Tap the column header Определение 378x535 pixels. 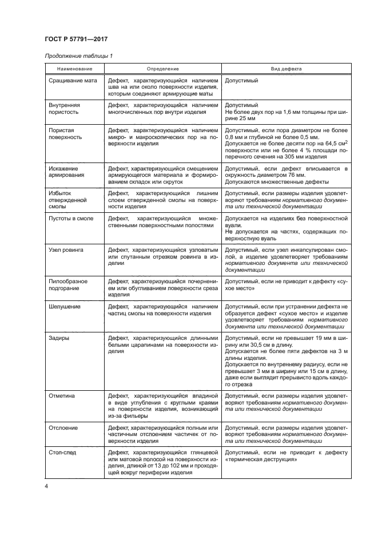[162, 69]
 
